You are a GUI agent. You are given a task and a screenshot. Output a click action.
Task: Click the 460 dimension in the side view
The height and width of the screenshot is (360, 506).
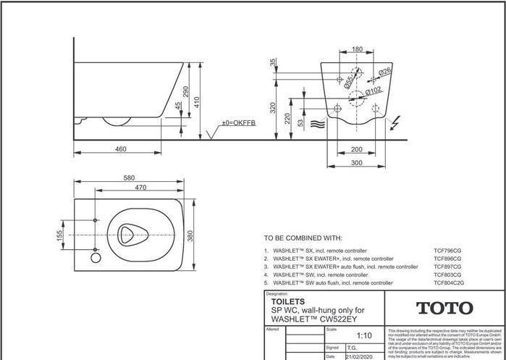coord(121,149)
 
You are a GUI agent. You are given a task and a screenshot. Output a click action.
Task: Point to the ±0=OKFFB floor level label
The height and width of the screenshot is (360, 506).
coord(238,123)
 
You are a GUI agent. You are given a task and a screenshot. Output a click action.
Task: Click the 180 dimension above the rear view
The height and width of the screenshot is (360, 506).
coord(357,50)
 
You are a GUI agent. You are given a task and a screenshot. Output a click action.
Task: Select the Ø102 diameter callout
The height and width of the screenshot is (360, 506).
coord(374,91)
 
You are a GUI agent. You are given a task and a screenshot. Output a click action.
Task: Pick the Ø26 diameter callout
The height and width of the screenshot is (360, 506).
coord(384,71)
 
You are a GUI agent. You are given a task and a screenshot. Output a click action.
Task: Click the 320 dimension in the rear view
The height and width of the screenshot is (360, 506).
coord(273,107)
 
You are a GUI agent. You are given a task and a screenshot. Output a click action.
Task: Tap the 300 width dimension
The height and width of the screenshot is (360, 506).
coord(357,163)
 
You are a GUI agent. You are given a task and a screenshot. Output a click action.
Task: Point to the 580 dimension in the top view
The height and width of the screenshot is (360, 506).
coord(129,177)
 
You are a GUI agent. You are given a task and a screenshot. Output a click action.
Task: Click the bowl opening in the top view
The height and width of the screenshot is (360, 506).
coord(131,235)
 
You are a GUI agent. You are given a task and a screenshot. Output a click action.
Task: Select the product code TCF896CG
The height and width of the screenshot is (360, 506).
coord(447,259)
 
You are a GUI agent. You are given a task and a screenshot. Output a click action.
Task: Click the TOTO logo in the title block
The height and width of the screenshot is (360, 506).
coord(444,308)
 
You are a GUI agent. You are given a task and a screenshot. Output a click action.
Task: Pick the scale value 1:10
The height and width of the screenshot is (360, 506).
coord(366,336)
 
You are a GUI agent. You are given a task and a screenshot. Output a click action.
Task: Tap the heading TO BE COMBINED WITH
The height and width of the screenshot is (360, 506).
coord(303,238)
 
